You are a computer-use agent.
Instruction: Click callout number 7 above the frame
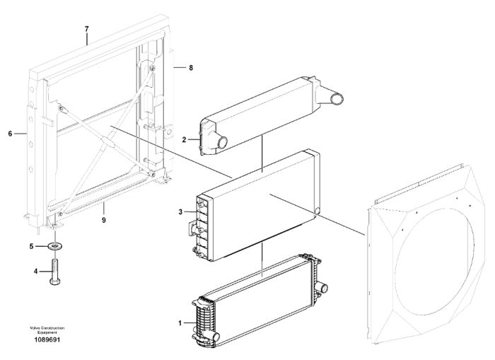coord(87,29)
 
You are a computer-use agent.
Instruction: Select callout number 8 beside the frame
coord(191,68)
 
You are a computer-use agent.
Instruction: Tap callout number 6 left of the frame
coord(10,134)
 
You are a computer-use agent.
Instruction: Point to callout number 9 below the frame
coord(104,220)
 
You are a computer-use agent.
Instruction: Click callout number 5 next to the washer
coord(31,246)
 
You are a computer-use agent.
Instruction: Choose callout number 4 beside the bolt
coord(35,272)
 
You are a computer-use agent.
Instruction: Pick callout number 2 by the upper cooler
coord(185,139)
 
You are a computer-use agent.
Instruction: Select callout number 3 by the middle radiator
coord(180,212)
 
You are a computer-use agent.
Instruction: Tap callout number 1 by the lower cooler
coord(180,323)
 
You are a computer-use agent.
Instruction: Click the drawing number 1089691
coord(47,340)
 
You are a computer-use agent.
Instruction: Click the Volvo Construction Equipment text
coord(47,330)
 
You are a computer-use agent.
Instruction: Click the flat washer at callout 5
coord(56,245)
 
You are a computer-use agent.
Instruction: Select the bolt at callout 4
coord(55,272)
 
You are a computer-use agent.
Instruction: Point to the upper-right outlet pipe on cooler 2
coord(336,99)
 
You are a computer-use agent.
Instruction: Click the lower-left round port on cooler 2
coord(222,143)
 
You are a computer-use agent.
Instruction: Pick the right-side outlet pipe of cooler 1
coord(324,288)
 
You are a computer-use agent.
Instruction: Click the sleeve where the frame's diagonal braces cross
coord(109,141)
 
